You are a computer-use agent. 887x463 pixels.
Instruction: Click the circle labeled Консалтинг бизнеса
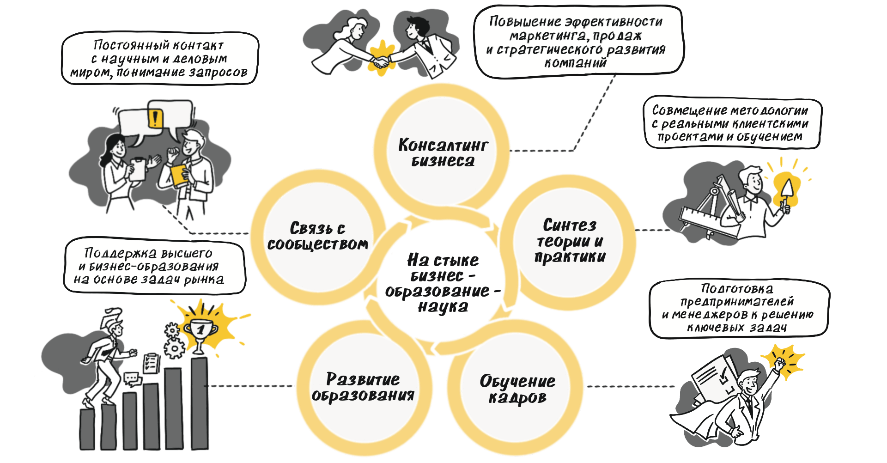coord(442,152)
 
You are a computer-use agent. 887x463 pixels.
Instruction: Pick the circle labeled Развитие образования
coord(363,387)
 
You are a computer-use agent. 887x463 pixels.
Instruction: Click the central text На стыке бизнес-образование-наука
coord(442,283)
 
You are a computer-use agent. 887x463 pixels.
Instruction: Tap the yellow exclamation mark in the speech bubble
coord(155,118)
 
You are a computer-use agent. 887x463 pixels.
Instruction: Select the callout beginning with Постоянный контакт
coord(159,59)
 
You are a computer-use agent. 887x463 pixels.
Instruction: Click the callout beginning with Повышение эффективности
coord(577,42)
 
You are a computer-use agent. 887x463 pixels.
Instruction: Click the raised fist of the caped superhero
coord(779,364)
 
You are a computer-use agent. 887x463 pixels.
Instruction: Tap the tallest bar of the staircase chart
coord(200,402)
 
